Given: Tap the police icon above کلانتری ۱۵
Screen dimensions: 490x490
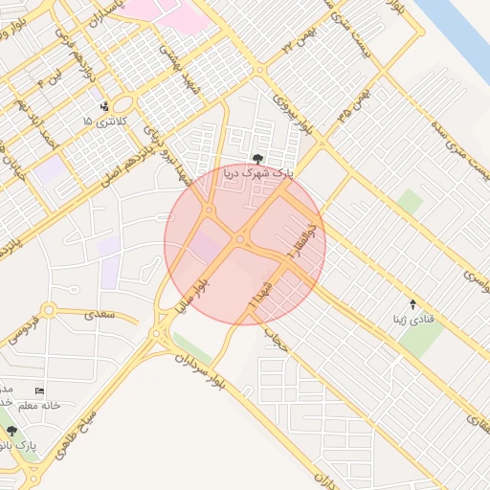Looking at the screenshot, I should (x=103, y=106).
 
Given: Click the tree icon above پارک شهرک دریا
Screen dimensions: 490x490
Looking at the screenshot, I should (x=256, y=158).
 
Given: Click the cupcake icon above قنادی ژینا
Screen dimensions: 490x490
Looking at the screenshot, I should (x=413, y=302).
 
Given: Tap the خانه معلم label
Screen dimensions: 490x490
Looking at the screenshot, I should (x=38, y=405).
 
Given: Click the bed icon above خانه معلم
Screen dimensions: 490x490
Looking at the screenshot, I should (x=39, y=390).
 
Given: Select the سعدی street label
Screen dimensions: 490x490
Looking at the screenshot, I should (x=98, y=313).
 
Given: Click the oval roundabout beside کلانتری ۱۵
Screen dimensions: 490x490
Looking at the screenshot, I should (x=122, y=105).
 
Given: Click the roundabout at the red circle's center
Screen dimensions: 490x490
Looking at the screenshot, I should (x=240, y=239).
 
